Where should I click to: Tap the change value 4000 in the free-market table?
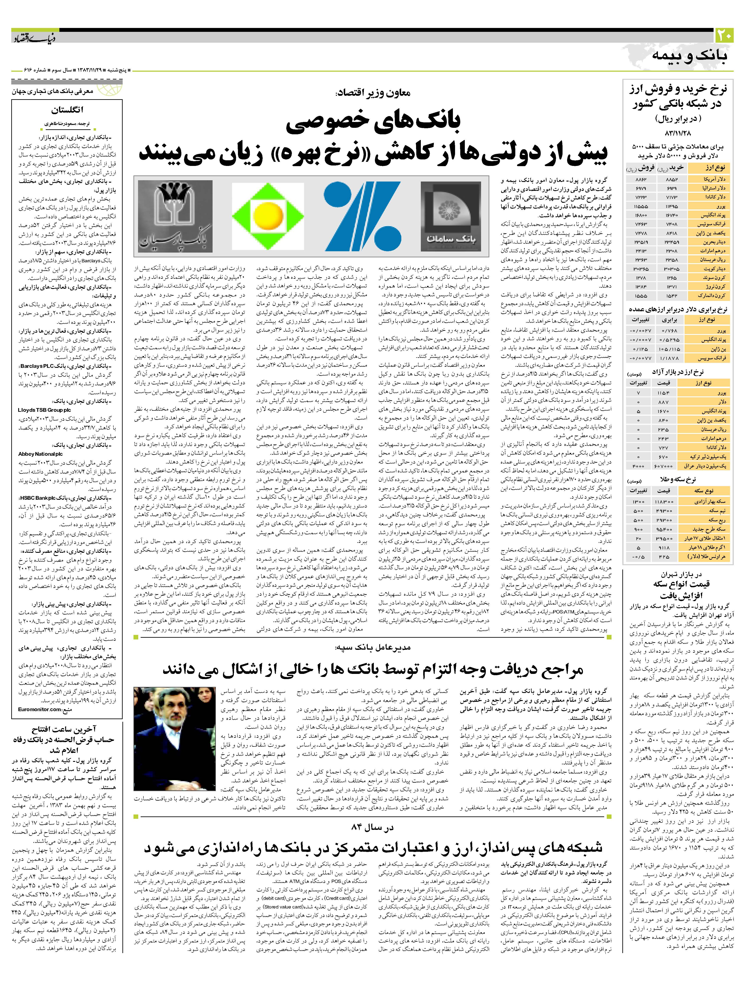(638, 466)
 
